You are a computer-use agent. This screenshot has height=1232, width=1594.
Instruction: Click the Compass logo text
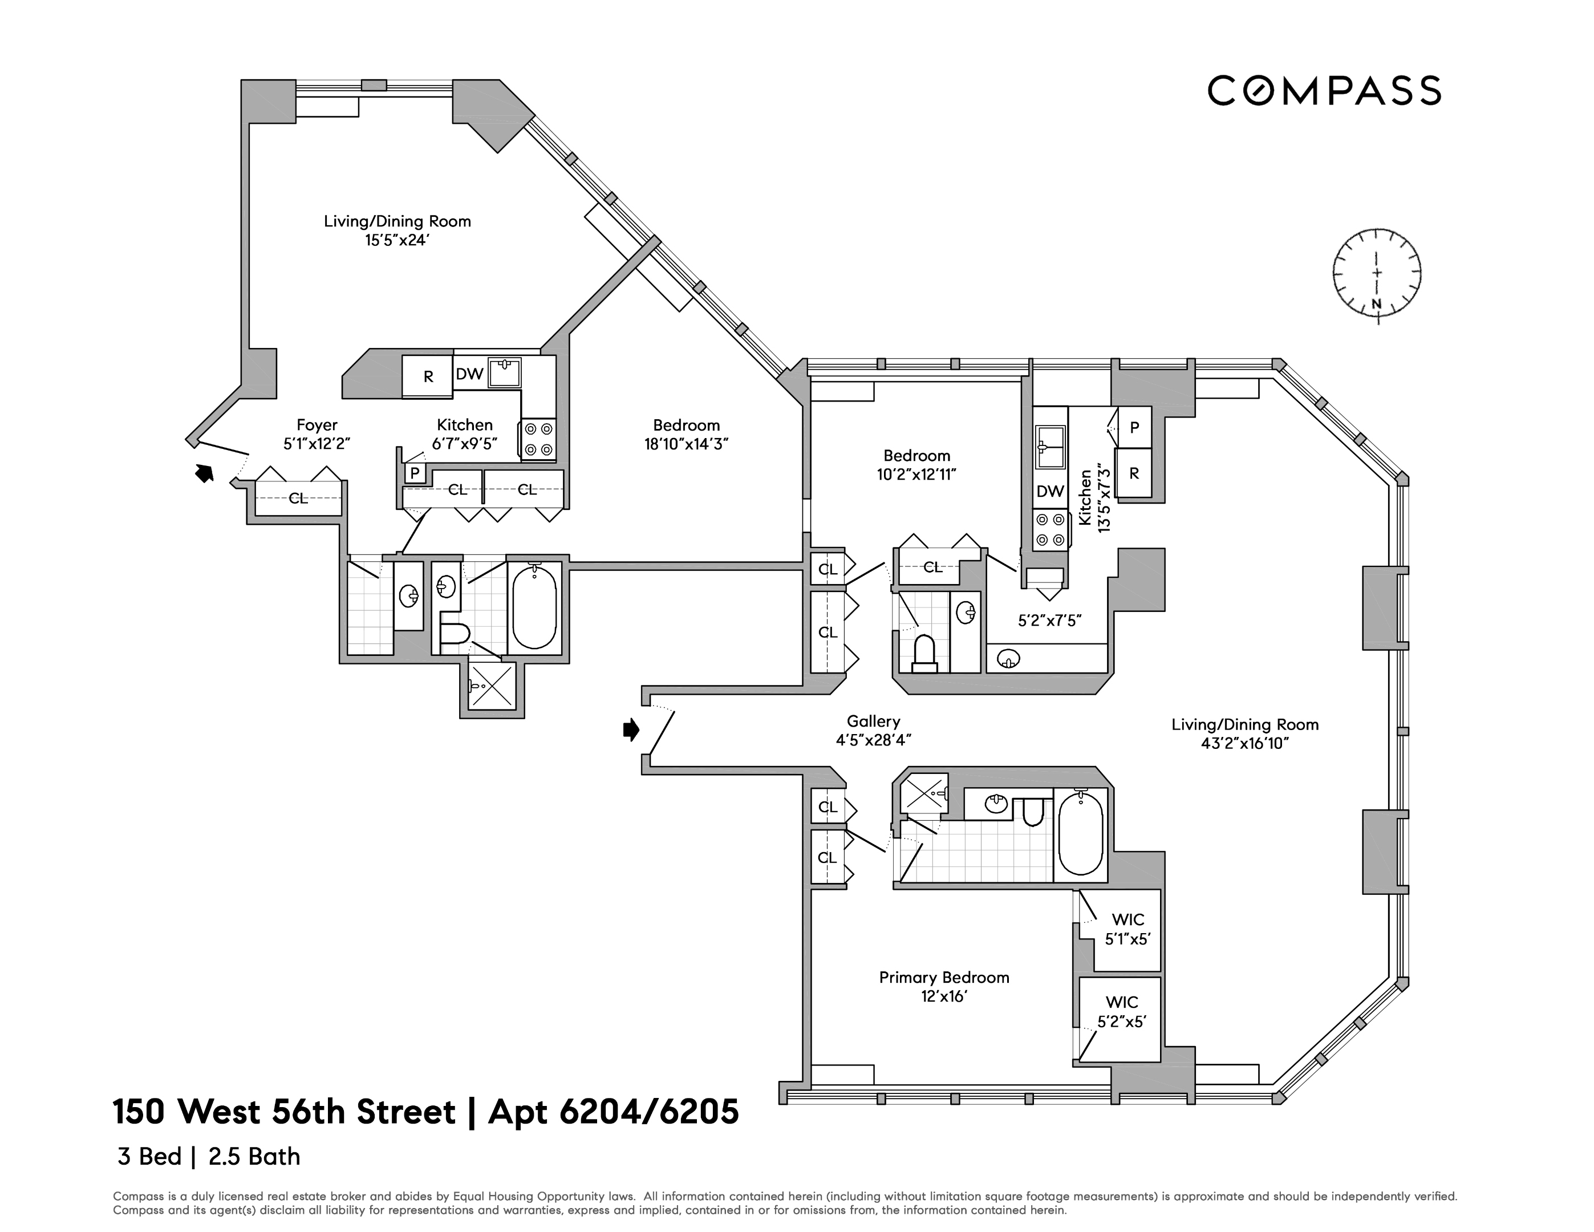tap(1324, 91)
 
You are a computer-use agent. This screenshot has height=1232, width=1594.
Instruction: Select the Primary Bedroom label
tap(944, 977)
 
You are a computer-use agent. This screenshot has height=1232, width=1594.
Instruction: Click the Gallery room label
tap(873, 721)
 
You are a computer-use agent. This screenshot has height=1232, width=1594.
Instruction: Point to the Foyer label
tap(317, 425)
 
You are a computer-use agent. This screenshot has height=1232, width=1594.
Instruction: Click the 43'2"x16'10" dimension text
tap(1244, 744)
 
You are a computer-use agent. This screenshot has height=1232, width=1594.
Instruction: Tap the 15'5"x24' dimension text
tap(397, 240)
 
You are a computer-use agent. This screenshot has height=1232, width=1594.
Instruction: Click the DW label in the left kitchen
tap(469, 374)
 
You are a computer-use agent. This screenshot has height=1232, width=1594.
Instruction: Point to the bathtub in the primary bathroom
tap(1080, 835)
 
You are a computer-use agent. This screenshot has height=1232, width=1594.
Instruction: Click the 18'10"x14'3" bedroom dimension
tap(686, 444)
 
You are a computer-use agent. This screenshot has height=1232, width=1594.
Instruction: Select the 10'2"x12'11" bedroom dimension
tap(916, 475)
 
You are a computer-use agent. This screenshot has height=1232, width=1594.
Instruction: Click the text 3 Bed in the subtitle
tap(149, 1157)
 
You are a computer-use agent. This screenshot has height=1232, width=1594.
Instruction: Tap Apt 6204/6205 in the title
tap(613, 1112)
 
